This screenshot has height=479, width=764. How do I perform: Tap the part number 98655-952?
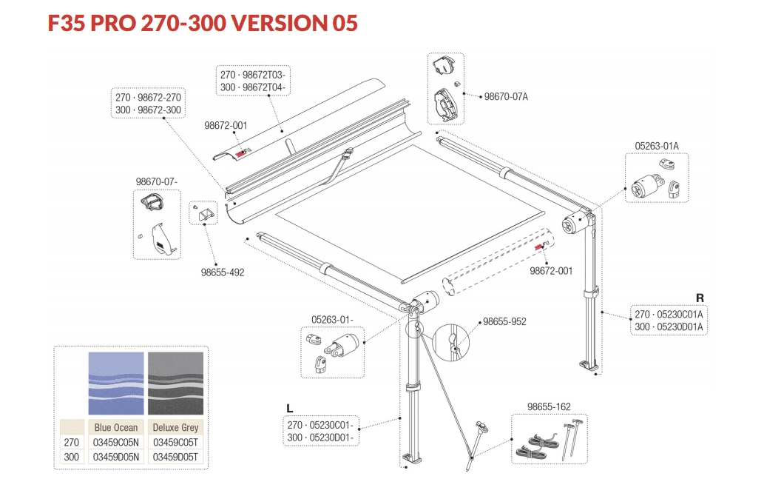(504, 322)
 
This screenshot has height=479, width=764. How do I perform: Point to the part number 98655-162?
(549, 406)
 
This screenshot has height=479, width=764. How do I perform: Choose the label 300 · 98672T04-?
(253, 87)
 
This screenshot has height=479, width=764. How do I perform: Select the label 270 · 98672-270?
(149, 98)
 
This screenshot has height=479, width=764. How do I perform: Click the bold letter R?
(699, 298)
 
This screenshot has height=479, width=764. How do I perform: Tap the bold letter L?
(291, 408)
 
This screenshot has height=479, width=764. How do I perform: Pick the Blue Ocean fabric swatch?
(116, 383)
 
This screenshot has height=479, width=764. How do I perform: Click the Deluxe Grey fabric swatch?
(175, 383)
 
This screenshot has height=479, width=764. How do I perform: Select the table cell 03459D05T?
(175, 457)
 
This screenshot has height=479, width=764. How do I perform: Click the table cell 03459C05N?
(116, 442)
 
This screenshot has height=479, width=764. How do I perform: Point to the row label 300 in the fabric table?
(72, 457)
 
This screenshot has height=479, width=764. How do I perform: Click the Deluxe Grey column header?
(175, 427)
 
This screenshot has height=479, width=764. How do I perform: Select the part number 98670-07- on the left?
(157, 181)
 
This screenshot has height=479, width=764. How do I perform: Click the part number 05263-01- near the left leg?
(332, 319)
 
